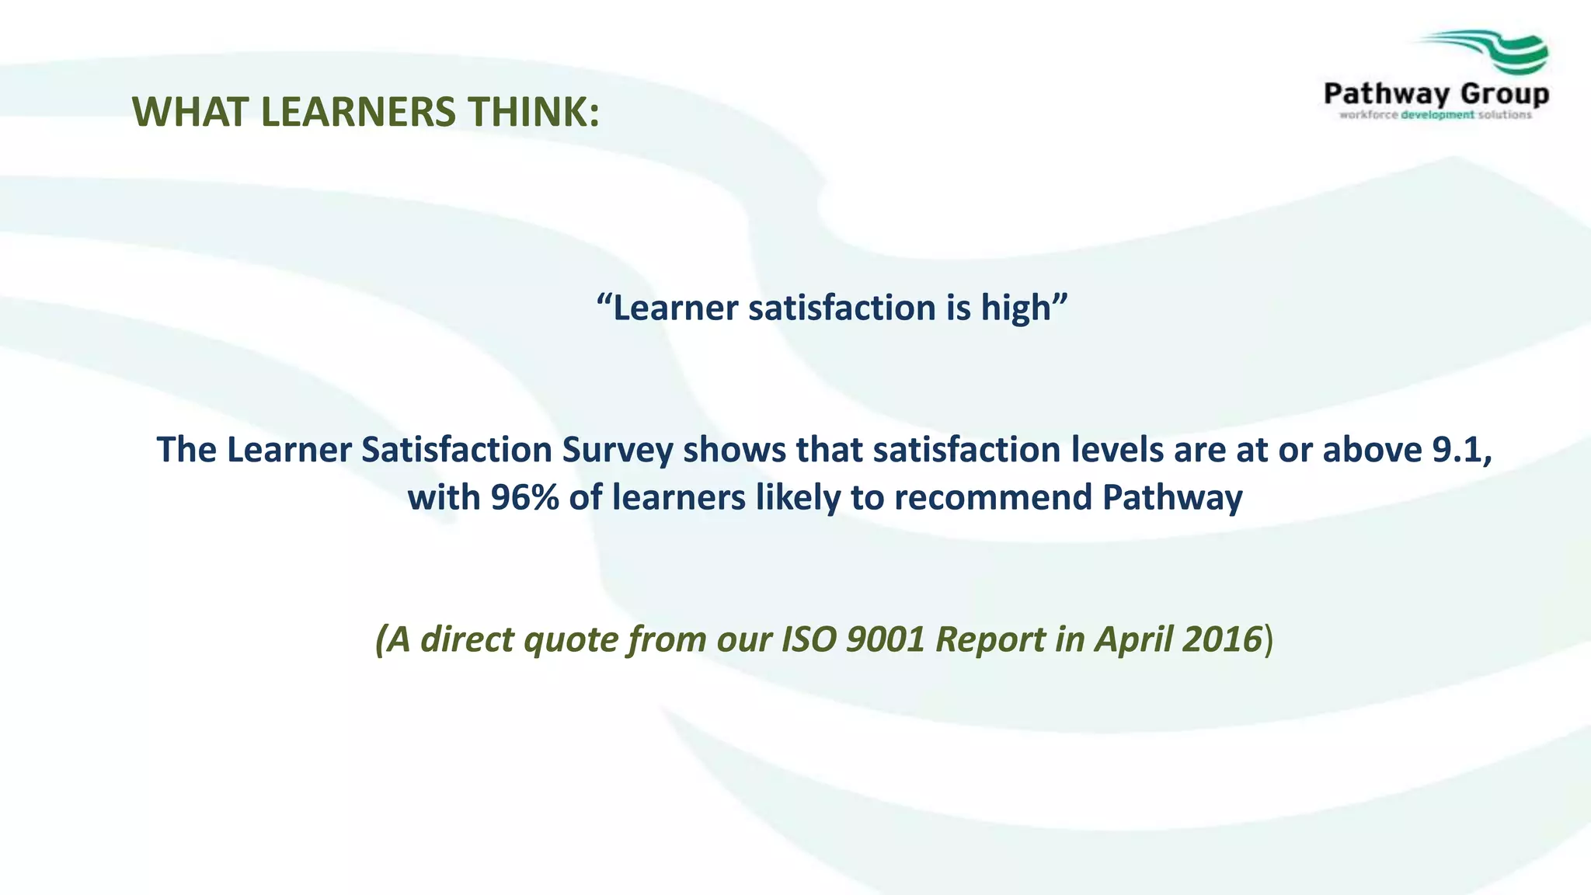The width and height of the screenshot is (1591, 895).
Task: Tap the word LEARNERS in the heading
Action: (358, 112)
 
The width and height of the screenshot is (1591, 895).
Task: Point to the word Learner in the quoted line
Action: (675, 308)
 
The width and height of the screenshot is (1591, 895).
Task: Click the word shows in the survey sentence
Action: (734, 451)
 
